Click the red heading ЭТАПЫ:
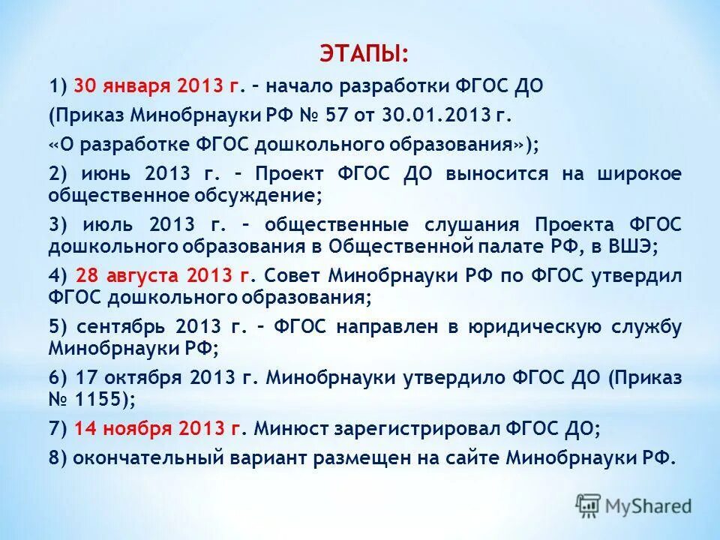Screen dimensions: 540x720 pos(364,54)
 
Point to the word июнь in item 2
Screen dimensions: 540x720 pos(107,174)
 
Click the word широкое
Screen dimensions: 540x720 pos(639,174)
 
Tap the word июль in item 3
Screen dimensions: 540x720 pos(109,224)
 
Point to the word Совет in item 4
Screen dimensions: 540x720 pos(293,275)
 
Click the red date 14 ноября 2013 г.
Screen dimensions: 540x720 pos(159,428)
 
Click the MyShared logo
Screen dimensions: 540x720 pos(634,505)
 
